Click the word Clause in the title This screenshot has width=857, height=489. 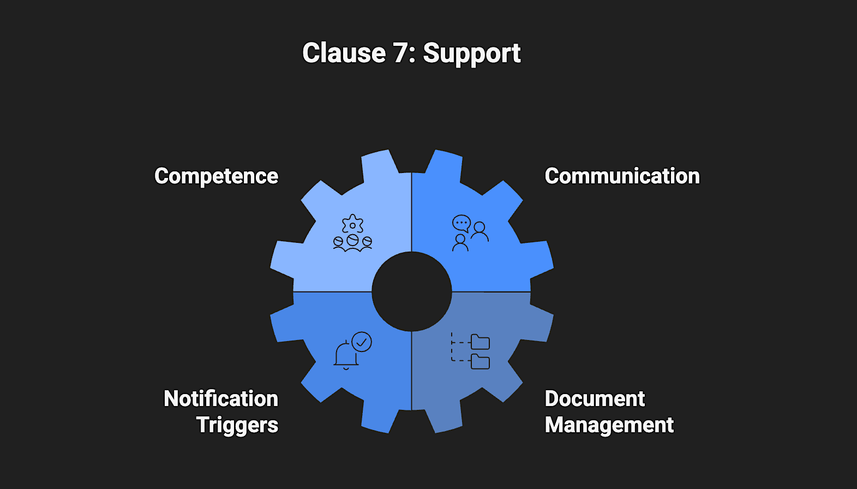tap(344, 53)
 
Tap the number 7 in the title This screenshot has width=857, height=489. tap(401, 53)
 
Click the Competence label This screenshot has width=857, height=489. tap(216, 176)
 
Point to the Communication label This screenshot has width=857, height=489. tap(622, 176)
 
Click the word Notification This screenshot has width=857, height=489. tap(221, 399)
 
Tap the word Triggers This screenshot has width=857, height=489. tap(237, 425)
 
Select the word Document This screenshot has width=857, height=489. tap(595, 399)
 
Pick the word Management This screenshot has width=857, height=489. tap(609, 425)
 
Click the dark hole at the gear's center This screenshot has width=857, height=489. tap(412, 291)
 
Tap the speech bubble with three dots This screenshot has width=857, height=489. tap(462, 223)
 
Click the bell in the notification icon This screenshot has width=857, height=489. tap(345, 355)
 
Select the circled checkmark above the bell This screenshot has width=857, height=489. tap(362, 342)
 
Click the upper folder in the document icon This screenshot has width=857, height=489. tap(480, 342)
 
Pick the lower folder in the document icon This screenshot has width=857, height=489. tap(480, 362)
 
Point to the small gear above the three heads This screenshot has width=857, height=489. tap(352, 224)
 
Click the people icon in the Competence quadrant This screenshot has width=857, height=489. tap(352, 242)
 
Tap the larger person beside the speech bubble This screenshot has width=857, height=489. tap(480, 231)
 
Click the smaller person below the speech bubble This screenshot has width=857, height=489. tap(460, 243)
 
